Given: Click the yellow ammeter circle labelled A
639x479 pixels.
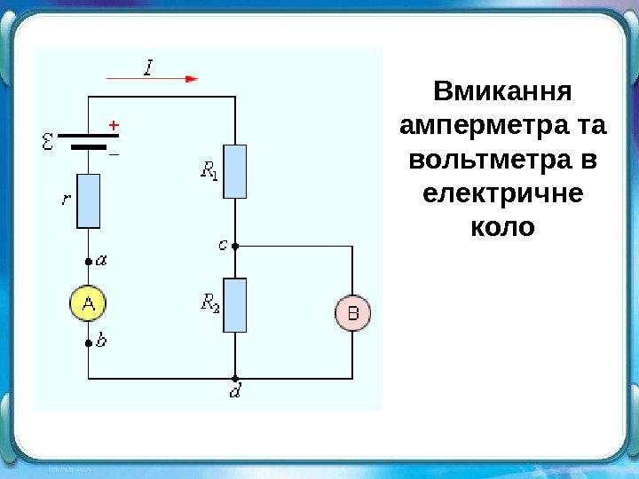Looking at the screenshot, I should pyautogui.click(x=89, y=304).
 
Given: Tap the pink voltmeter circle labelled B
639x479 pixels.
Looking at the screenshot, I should pyautogui.click(x=352, y=313).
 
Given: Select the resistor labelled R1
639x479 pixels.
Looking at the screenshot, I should pyautogui.click(x=235, y=171).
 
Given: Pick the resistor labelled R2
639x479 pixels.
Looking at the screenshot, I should pyautogui.click(x=235, y=305).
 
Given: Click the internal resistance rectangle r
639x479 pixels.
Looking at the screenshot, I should pyautogui.click(x=89, y=201).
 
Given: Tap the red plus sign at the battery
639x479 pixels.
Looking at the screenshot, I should pyautogui.click(x=113, y=126).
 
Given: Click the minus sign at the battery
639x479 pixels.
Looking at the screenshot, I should pyautogui.click(x=113, y=153).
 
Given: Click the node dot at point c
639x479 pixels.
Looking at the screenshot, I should pyautogui.click(x=235, y=247).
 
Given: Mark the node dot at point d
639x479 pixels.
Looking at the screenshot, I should pyautogui.click(x=235, y=377).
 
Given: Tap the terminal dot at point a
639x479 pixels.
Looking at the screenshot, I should pyautogui.click(x=89, y=263).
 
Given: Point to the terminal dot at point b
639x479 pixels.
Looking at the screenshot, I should pyautogui.click(x=89, y=342).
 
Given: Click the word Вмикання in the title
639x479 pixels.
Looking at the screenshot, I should pyautogui.click(x=502, y=91).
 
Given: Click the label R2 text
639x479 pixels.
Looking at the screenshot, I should pyautogui.click(x=210, y=304).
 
